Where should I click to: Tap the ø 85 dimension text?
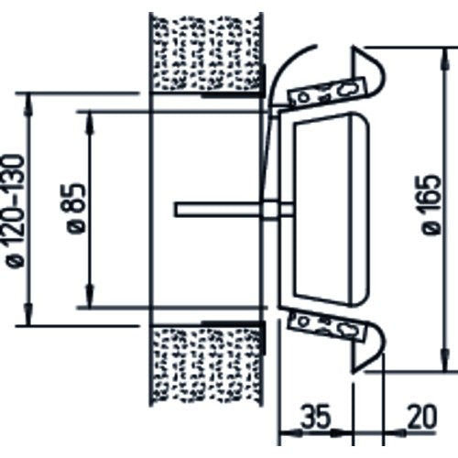click(x=75, y=208)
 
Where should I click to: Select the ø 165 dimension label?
click(x=431, y=204)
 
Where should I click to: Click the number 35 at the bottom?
click(x=315, y=417)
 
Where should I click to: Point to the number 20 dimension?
click(x=422, y=417)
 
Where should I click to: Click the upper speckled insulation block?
click(x=206, y=53)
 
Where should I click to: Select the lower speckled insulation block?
click(x=206, y=365)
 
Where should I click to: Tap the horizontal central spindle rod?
click(x=234, y=210)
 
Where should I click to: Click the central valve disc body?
click(x=332, y=209)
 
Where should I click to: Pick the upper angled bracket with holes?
click(x=327, y=93)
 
